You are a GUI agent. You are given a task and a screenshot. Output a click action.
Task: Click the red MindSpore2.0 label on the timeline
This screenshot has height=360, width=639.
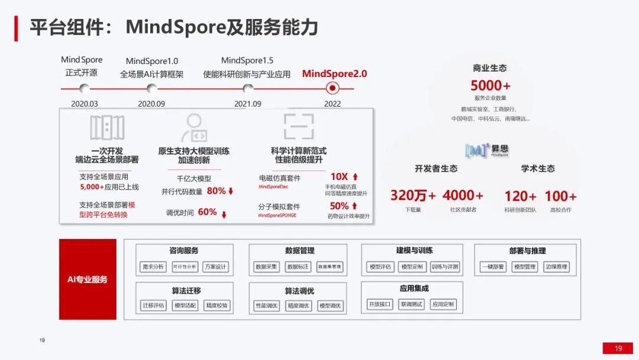click(x=334, y=74)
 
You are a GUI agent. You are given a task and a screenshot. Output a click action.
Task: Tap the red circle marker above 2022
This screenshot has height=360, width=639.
click(x=333, y=88)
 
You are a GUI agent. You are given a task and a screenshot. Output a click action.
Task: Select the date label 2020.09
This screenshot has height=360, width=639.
click(x=151, y=104)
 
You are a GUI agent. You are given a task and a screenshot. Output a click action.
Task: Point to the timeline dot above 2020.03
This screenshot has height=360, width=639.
click(x=85, y=88)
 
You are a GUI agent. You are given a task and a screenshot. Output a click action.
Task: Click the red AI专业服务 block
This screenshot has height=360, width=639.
click(x=88, y=279)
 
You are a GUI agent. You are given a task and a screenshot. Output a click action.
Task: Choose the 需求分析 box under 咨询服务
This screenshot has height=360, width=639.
click(x=153, y=267)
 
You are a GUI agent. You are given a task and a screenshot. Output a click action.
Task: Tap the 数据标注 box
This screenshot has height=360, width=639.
click(x=298, y=267)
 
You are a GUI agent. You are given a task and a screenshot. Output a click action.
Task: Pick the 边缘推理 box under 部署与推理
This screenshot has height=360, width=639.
click(x=556, y=267)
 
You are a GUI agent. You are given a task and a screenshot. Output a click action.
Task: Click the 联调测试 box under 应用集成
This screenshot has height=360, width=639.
click(x=411, y=304)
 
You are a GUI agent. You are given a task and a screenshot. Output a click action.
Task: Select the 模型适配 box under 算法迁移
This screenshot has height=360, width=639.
click(x=185, y=306)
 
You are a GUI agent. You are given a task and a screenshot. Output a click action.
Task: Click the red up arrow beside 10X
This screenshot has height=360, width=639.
click(x=355, y=176)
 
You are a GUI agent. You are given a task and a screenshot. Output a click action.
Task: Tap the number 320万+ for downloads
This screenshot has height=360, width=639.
click(x=412, y=195)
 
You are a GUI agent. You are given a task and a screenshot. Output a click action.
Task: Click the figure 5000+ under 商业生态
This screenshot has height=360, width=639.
click(x=490, y=86)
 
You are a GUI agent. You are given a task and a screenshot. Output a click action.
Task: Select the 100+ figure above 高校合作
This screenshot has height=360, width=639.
click(x=560, y=196)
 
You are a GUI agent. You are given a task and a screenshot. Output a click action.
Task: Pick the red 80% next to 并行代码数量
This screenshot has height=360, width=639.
click(x=216, y=191)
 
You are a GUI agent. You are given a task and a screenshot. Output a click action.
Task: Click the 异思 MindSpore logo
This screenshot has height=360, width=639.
click(x=488, y=150)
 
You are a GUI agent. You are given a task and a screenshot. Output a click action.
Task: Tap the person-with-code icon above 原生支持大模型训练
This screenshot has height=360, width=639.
click(x=193, y=127)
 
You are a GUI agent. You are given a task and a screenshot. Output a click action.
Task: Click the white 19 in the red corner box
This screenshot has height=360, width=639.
click(x=618, y=348)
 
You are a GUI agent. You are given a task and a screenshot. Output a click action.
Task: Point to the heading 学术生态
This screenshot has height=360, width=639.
click(x=538, y=169)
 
